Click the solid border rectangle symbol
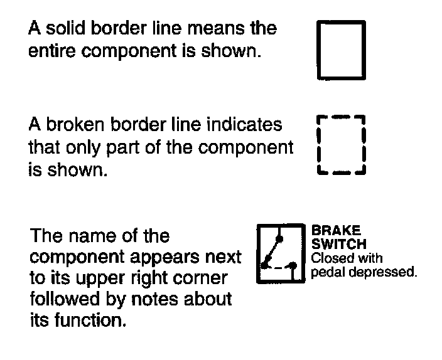(x=341, y=50)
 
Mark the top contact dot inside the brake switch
(x=280, y=238)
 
